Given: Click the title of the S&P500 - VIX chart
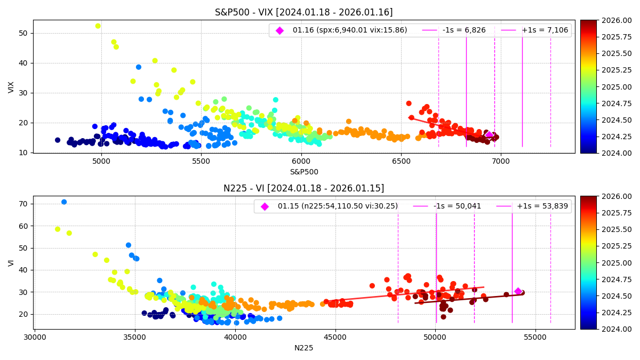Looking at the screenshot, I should pos(303,12).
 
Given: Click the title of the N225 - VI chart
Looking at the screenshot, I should pos(303,188).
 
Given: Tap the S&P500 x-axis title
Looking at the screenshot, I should pos(303,172).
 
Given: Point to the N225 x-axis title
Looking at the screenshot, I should pos(303,348).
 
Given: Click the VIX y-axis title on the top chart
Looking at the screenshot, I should pos(11,87).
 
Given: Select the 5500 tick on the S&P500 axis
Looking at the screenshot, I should pos(201,161).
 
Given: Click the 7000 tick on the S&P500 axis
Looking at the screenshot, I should pos(501,161).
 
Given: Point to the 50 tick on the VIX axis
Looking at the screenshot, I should pos(23,33).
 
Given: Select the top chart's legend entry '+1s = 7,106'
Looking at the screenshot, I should pos(546,30).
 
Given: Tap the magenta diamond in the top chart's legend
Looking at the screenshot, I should pos(279,30).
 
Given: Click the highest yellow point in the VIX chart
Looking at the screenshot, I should pos(98,26).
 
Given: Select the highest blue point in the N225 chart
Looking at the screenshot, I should pos(64,202).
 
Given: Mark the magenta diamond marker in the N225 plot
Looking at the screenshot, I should pos(518,291).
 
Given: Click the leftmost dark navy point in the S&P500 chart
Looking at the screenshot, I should pos(58,140).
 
